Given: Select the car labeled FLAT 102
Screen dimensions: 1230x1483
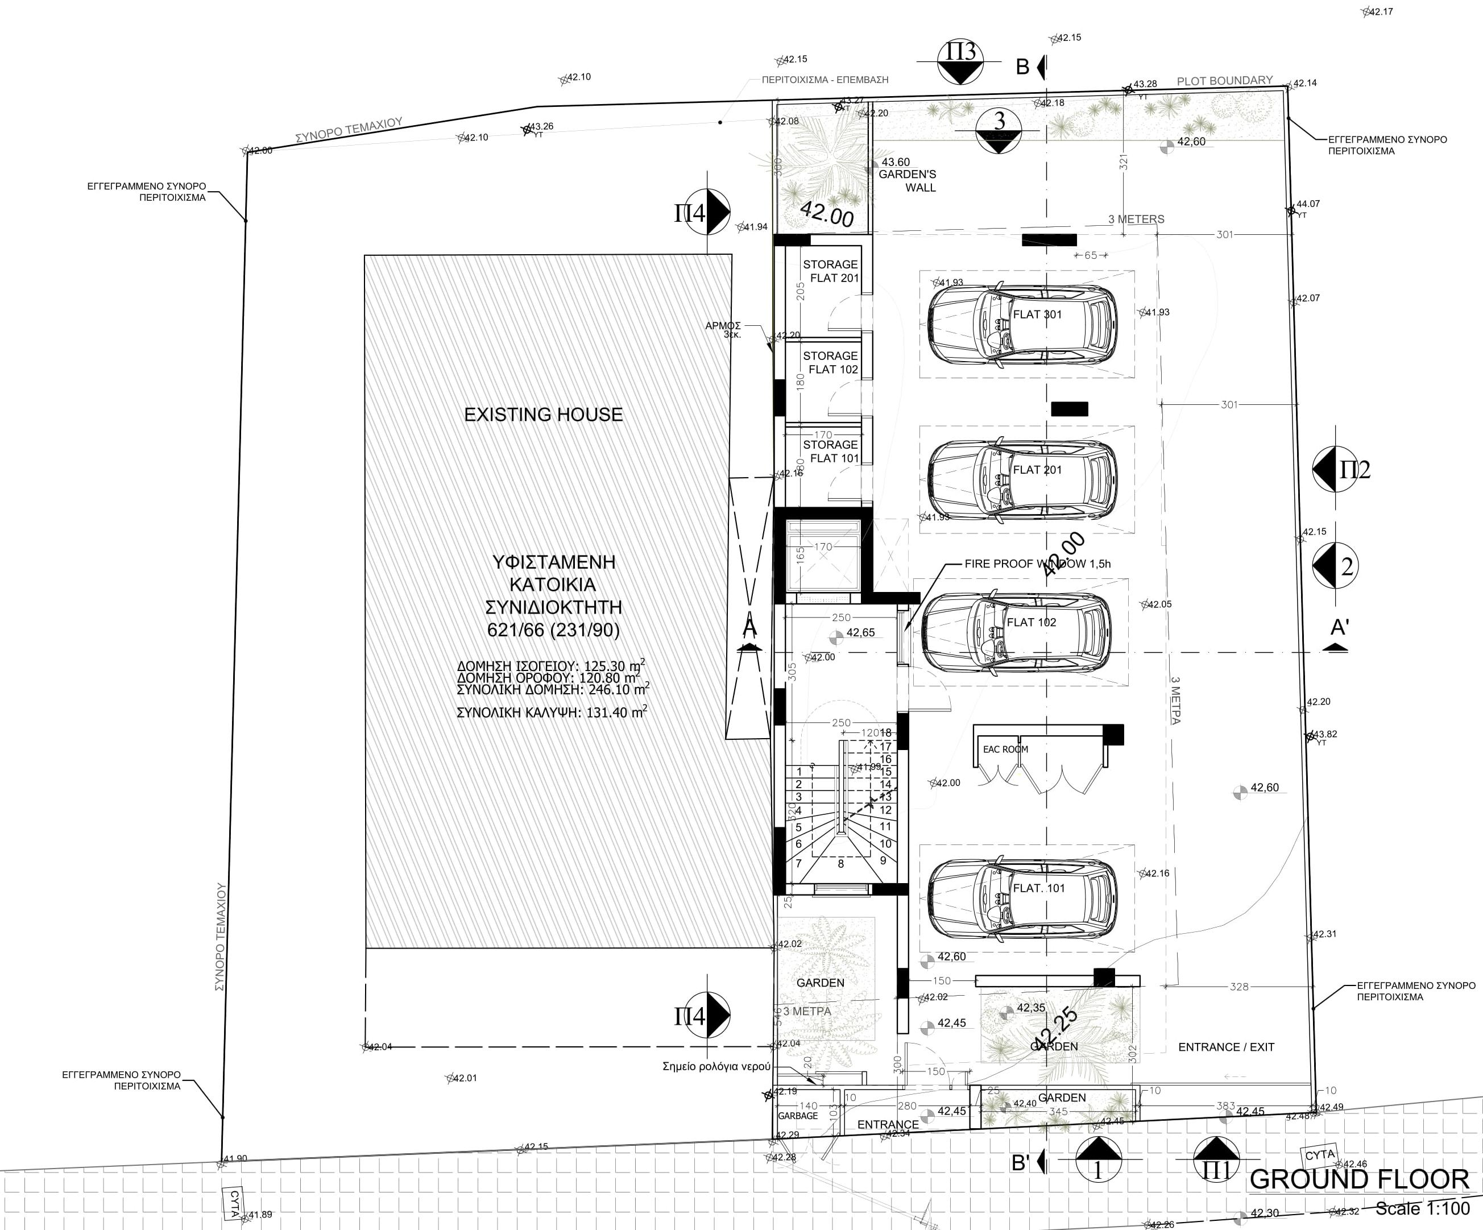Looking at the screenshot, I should click(1017, 632).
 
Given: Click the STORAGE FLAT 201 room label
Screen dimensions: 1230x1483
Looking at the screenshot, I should click(830, 271).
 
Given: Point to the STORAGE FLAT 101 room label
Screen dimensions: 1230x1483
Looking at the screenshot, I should click(830, 451).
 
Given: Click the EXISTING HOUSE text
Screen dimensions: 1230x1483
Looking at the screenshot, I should click(543, 415).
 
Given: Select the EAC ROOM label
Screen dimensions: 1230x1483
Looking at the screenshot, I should click(1005, 749).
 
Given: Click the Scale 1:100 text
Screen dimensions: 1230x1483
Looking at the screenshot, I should click(1422, 1209).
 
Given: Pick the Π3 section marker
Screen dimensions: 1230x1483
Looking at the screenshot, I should click(960, 62).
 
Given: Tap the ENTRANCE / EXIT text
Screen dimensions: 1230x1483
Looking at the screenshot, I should click(1226, 1047).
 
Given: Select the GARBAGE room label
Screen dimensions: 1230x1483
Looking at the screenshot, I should click(798, 1116).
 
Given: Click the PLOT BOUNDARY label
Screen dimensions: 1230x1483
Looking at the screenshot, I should click(1224, 81).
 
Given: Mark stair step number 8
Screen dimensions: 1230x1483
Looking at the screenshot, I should click(840, 864).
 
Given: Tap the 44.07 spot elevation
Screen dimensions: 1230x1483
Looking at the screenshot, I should click(1307, 204).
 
